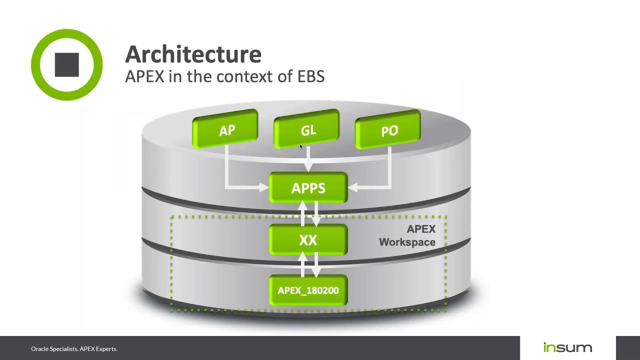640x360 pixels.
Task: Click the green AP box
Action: click(x=225, y=130)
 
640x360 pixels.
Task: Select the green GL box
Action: click(x=307, y=130)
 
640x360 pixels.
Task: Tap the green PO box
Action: click(x=388, y=130)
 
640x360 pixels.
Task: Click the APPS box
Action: click(x=308, y=188)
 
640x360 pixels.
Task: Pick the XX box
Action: click(x=308, y=240)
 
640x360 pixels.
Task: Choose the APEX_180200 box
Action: click(x=308, y=290)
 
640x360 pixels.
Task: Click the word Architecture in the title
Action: click(x=193, y=54)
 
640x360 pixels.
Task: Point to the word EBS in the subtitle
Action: click(x=311, y=76)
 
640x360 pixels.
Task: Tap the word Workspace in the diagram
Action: click(x=407, y=242)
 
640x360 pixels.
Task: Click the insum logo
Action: click(x=567, y=347)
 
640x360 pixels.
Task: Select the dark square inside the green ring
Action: click(x=66, y=64)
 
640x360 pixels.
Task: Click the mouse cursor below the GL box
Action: click(x=301, y=146)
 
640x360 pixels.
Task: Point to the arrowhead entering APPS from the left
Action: click(x=264, y=187)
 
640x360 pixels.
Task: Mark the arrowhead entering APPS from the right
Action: click(x=352, y=187)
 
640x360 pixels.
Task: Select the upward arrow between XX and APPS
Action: click(x=302, y=212)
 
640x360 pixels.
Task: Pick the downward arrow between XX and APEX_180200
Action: click(x=315, y=265)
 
